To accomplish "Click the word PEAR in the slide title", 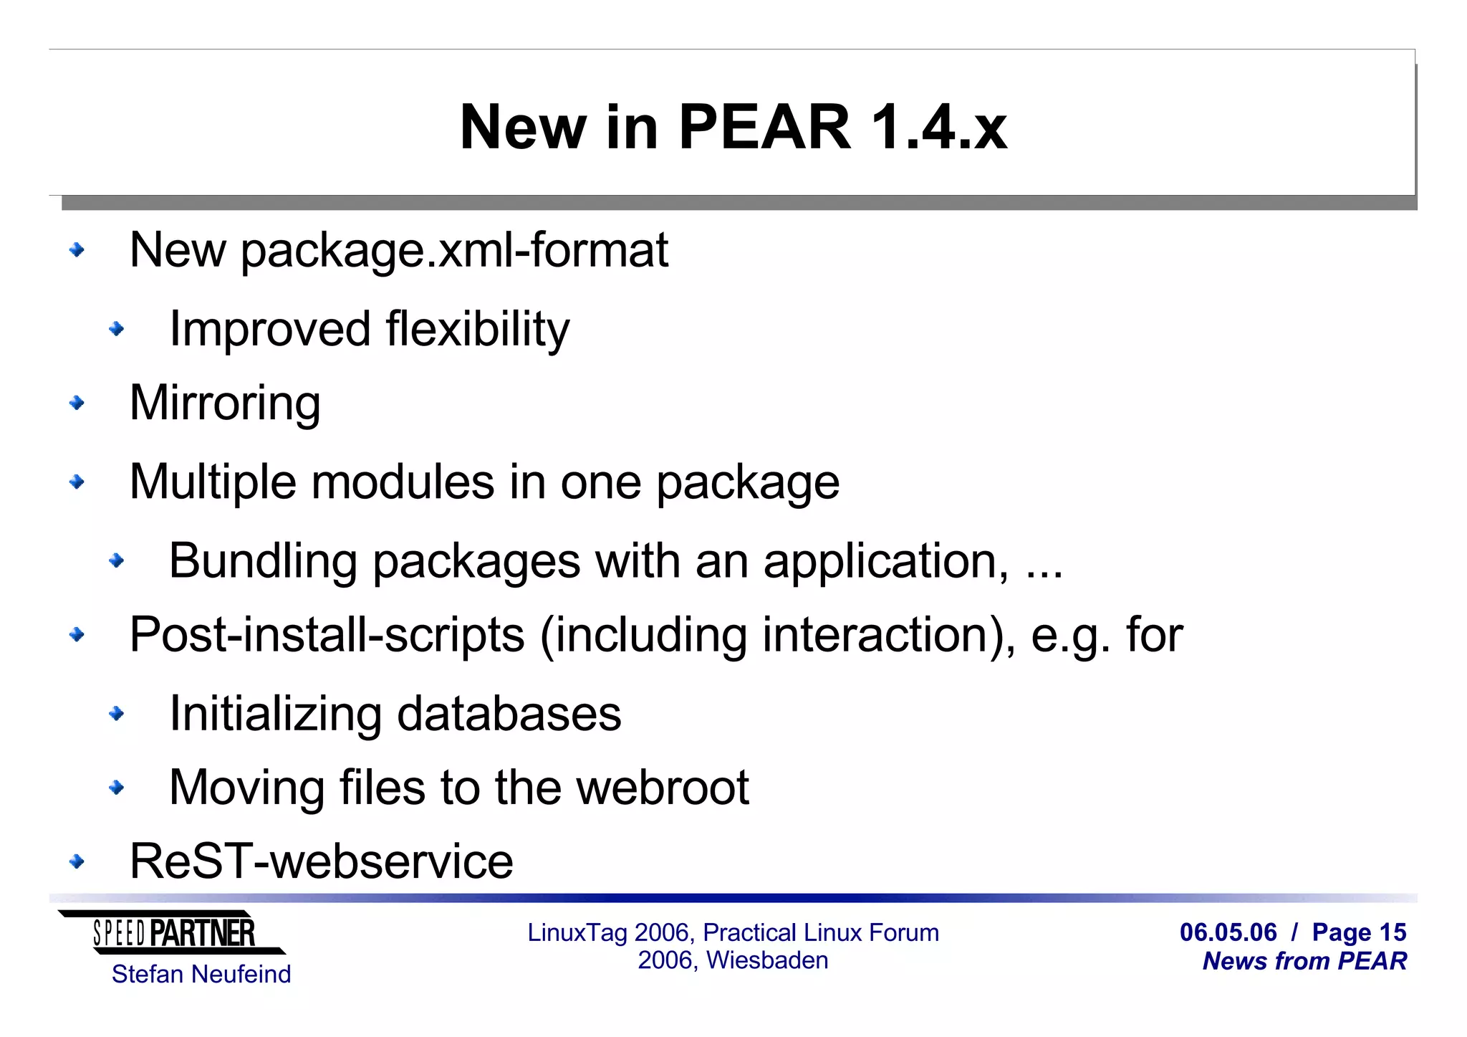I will click(x=764, y=128).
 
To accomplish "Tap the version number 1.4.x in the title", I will click(x=938, y=128).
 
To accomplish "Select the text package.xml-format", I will click(x=453, y=251).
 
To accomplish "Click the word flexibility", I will click(x=477, y=330).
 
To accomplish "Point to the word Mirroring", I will click(x=225, y=403).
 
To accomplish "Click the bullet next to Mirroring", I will click(x=77, y=403).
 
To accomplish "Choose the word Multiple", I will click(x=212, y=482).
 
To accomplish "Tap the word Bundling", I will click(x=262, y=561).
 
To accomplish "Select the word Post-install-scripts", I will click(x=327, y=635).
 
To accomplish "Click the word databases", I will click(x=509, y=714).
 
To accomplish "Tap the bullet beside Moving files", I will click(x=116, y=788).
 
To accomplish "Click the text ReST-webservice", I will click(x=322, y=861).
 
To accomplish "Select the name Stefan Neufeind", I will click(x=201, y=975).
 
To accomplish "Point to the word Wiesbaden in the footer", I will click(x=767, y=960).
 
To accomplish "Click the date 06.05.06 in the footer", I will click(x=1228, y=932).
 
